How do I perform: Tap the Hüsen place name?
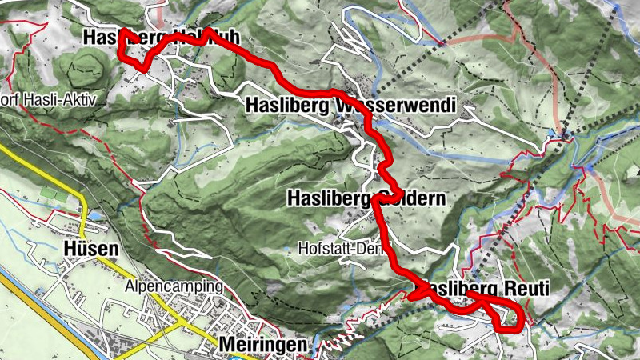(90, 250)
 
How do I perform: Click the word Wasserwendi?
(396, 105)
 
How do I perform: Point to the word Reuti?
(526, 288)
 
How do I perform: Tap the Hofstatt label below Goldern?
(329, 247)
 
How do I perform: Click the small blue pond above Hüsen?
(96, 216)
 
